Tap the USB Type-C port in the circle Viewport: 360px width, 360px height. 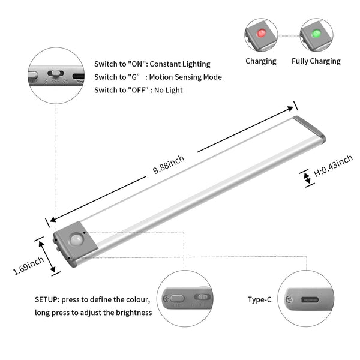click(x=311, y=300)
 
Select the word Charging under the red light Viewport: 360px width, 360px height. click(x=260, y=61)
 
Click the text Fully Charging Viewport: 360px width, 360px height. click(x=316, y=61)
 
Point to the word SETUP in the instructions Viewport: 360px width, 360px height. click(x=46, y=299)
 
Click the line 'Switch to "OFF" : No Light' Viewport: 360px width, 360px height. click(x=138, y=90)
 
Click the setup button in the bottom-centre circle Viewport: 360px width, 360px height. click(x=176, y=298)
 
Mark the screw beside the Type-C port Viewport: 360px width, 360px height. click(x=289, y=299)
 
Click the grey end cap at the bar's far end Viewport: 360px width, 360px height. click(x=311, y=128)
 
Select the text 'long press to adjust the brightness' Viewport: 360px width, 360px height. click(x=93, y=313)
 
